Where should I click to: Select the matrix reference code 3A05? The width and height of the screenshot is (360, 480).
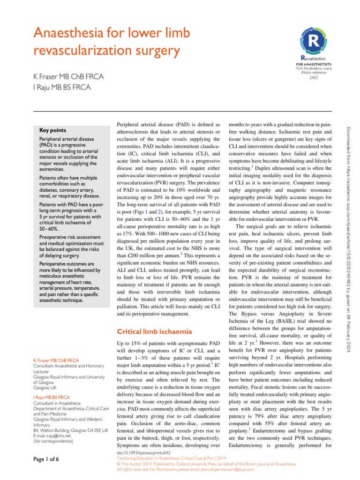(313, 78)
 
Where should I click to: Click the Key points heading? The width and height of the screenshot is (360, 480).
(52, 130)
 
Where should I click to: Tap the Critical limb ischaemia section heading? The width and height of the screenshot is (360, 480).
(154, 332)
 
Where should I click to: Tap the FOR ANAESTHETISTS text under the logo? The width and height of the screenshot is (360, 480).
(314, 63)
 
